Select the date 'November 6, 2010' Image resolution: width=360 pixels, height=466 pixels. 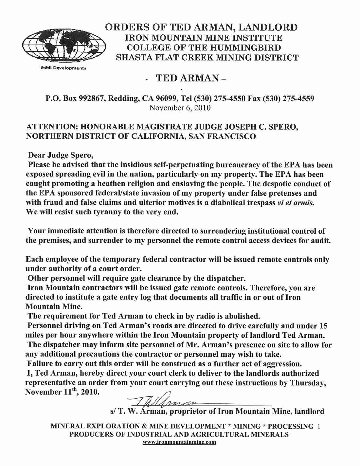click(180, 107)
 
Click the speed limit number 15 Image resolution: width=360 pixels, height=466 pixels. click(323, 326)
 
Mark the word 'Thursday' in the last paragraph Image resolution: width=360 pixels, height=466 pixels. click(308, 383)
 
